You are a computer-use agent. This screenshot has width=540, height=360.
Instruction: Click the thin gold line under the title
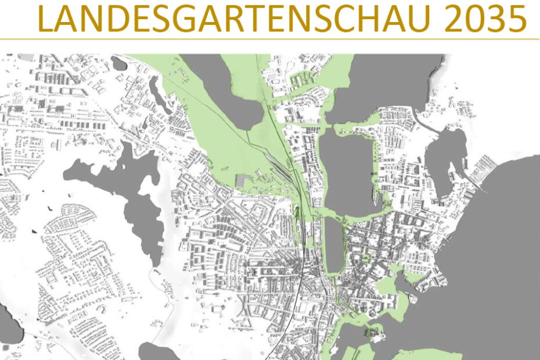pos(270,39)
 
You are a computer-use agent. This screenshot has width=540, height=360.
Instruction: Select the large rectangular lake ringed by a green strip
pos(347,171)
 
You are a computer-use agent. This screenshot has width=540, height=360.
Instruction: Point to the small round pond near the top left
pos(119,63)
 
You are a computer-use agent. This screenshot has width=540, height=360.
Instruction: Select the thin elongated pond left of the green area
pos(157,93)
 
